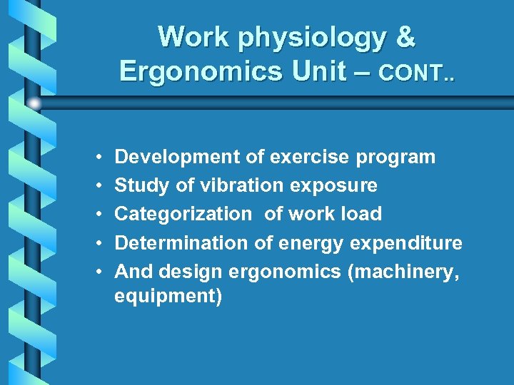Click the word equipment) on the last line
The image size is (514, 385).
pyautogui.click(x=168, y=297)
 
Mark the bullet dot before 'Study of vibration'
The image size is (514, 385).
pyautogui.click(x=95, y=186)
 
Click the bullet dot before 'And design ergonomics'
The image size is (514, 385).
pyautogui.click(x=95, y=272)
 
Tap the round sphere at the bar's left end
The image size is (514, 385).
pyautogui.click(x=34, y=103)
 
